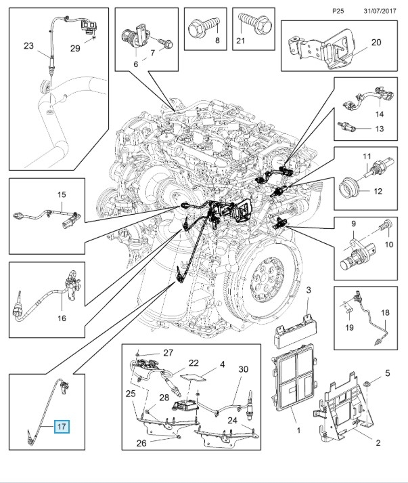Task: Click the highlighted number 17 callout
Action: (62, 427)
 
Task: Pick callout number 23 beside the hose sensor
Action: (28, 46)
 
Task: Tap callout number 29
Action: (75, 49)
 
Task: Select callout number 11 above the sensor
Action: (367, 158)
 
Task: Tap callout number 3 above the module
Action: (308, 291)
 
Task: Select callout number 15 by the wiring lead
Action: (62, 195)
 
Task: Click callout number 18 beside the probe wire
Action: (385, 312)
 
